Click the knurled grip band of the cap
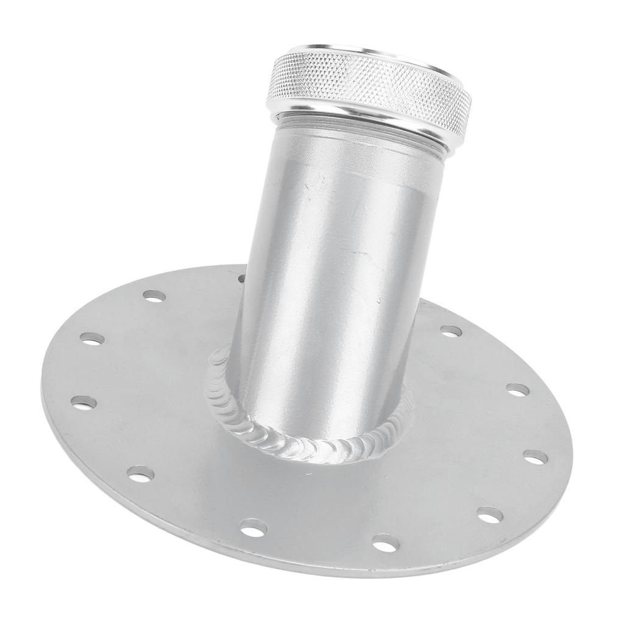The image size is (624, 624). click(x=366, y=91)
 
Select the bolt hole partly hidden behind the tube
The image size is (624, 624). click(x=242, y=278)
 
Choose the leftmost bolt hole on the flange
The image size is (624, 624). click(x=83, y=402)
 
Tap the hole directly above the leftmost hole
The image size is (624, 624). click(x=92, y=338)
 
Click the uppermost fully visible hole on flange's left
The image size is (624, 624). click(x=154, y=296)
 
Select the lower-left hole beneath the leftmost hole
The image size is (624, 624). click(x=141, y=473)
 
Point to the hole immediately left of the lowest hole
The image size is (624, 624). click(x=253, y=528)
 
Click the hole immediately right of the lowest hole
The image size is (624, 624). click(x=490, y=516)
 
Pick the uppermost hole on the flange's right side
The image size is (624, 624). click(x=451, y=331)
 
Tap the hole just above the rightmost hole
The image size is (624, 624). click(x=517, y=389)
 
